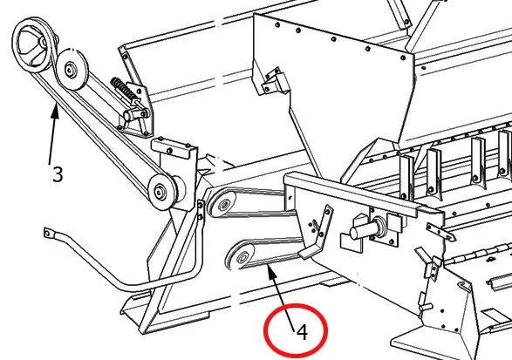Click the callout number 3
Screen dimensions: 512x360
tap(58, 174)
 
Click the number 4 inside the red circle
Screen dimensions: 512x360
tap(303, 332)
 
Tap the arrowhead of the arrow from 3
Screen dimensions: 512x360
tap(55, 111)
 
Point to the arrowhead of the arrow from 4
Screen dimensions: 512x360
tap(270, 271)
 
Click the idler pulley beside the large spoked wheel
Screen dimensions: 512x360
tap(72, 69)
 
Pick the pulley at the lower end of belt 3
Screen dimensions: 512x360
tap(161, 192)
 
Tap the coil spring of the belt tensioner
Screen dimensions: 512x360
tap(124, 88)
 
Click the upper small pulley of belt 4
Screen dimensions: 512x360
tap(222, 204)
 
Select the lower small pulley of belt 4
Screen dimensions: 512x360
tap(242, 258)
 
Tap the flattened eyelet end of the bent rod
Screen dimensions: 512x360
tap(48, 233)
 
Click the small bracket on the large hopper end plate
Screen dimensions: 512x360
tap(274, 82)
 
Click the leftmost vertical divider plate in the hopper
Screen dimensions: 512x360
tap(406, 177)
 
